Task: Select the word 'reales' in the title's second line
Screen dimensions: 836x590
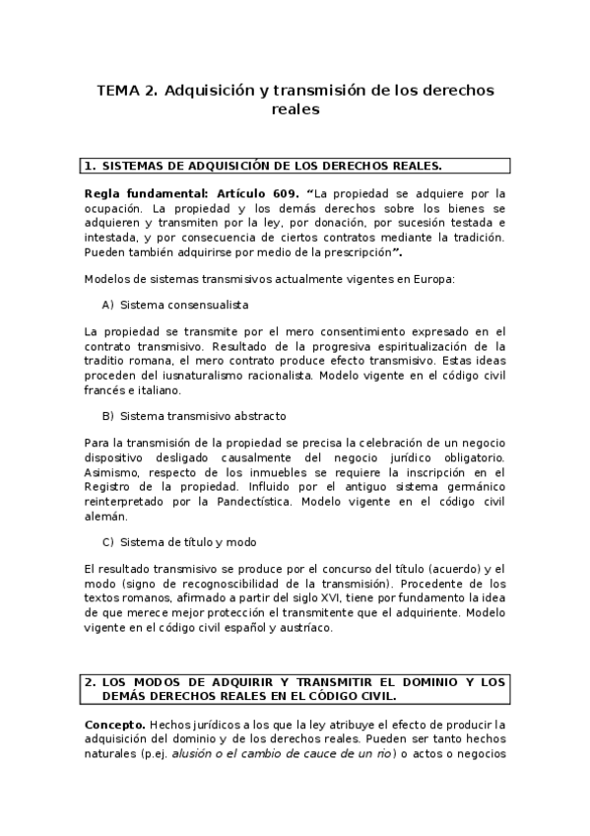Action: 295,110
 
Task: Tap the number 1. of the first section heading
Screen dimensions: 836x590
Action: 90,166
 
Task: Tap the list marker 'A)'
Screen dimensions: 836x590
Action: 107,306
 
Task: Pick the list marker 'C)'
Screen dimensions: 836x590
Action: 107,542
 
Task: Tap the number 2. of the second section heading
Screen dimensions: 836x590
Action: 90,681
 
